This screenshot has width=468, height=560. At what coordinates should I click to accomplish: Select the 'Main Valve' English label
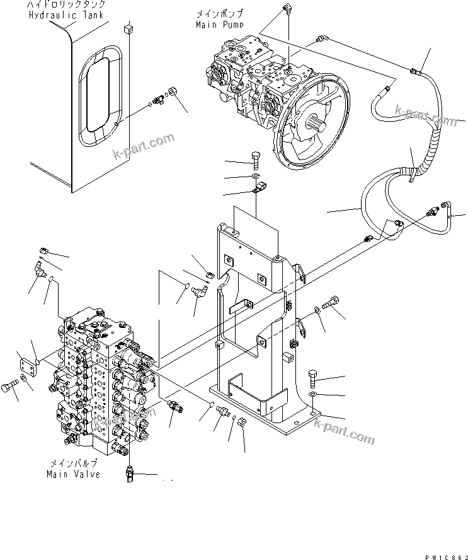73,474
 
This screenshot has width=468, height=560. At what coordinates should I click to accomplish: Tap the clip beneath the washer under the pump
258,187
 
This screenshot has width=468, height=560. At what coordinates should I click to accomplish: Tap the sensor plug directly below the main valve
130,474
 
